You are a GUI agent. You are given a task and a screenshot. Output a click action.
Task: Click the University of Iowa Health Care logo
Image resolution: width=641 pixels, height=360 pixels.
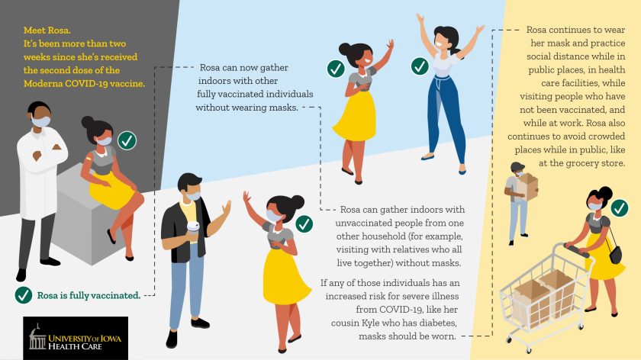point(76,338)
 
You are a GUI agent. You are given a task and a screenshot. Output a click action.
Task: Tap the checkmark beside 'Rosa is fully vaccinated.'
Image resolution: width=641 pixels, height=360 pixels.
point(24,295)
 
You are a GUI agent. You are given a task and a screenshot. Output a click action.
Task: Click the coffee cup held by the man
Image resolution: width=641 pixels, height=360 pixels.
point(193,229)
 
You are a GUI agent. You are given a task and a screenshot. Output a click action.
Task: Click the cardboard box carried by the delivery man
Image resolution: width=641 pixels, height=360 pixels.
point(527,187)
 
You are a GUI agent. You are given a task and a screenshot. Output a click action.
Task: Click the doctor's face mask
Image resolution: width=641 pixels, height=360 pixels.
point(41,121)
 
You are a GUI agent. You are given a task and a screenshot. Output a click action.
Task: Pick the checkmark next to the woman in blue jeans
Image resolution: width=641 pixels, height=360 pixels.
point(420,66)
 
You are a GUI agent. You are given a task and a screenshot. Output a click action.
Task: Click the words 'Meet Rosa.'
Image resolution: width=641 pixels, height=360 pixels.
point(47,31)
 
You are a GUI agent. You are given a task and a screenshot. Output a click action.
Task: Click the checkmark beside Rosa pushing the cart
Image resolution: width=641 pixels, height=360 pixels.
point(620,208)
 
